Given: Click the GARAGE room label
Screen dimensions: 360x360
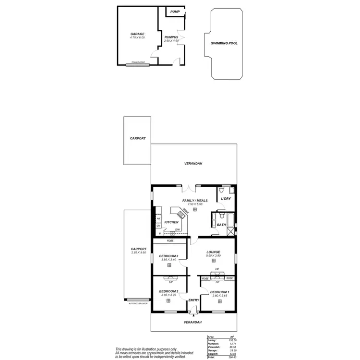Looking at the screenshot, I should pos(137,34).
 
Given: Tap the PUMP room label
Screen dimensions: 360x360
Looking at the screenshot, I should pos(175,11).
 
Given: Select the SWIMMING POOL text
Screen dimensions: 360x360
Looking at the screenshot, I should pos(224,43).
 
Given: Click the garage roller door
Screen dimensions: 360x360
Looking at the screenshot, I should pos(138,63).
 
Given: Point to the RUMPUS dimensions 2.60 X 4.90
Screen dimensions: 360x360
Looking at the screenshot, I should pos(171,41).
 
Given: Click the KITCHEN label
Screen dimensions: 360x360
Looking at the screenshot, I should pos(171,222).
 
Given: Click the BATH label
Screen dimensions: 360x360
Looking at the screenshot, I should pos(221,225).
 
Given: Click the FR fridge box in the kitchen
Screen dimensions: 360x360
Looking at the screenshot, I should pos(158,219).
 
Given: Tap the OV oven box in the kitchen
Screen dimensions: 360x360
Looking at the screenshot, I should pos(158,226).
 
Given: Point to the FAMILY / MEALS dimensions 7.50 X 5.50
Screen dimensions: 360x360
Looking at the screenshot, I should pos(194,204).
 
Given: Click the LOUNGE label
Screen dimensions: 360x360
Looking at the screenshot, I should pos(213,252).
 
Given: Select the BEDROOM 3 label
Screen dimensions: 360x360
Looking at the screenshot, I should pos(168,256).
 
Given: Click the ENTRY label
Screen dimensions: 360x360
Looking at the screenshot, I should pos(193,300).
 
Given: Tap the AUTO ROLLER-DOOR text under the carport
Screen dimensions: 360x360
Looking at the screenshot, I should pos(138,304).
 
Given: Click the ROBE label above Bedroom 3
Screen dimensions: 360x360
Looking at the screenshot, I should pos(169,241).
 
